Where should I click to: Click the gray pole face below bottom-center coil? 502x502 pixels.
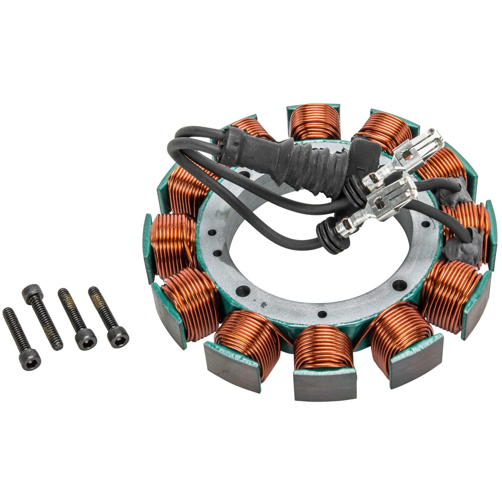click(325, 385)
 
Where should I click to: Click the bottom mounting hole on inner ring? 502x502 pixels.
click(321, 313)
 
